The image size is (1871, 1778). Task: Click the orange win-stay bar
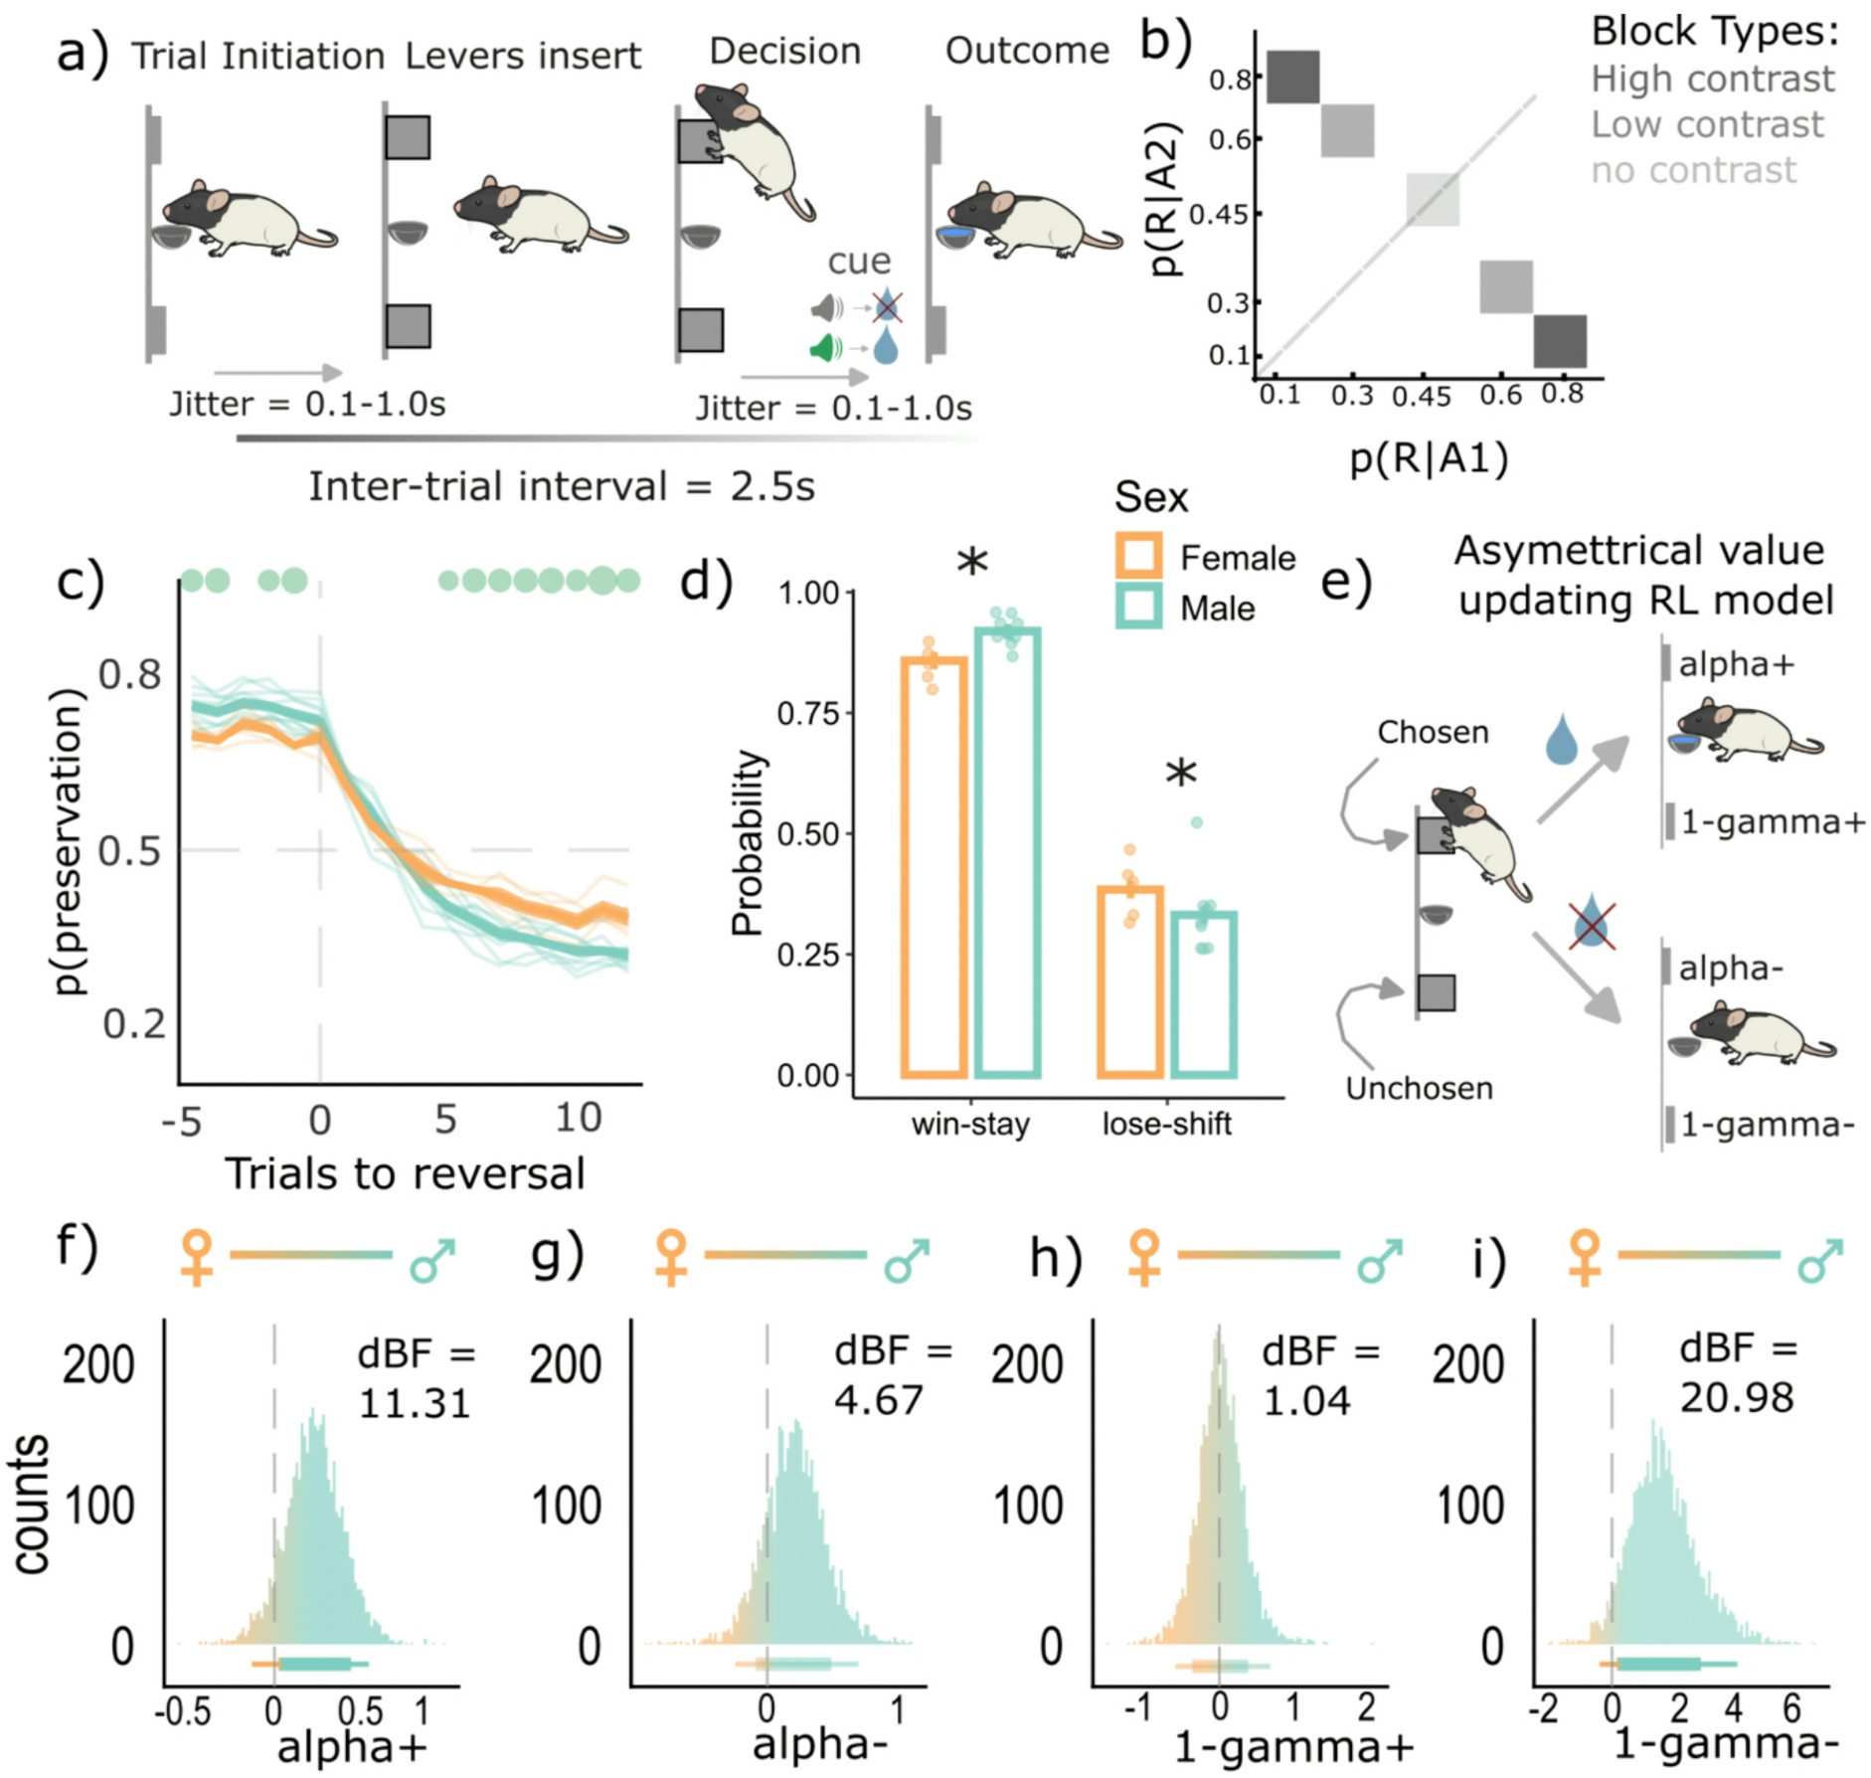point(934,865)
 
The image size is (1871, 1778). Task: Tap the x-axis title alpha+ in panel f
point(352,1746)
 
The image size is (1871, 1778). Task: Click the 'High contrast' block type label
point(1712,79)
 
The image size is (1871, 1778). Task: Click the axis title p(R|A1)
point(1429,458)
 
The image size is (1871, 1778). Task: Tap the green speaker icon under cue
point(825,348)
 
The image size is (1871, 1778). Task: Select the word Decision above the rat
point(784,51)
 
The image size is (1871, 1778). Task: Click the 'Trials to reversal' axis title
point(405,1173)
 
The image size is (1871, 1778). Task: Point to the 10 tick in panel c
point(577,1118)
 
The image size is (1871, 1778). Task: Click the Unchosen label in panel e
point(1419,1088)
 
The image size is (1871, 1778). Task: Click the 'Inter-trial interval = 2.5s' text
point(562,487)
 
